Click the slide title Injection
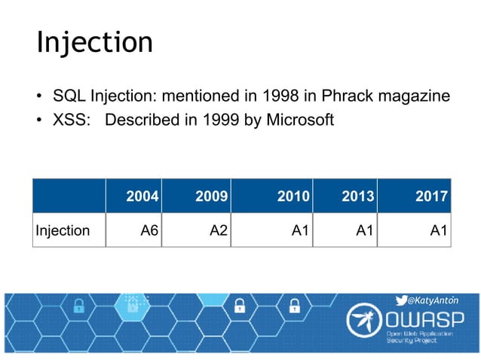click(x=94, y=42)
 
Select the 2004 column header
click(x=141, y=197)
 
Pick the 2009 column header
click(x=211, y=197)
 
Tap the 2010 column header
click(x=293, y=197)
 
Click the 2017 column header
click(x=431, y=197)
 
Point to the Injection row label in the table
click(x=63, y=230)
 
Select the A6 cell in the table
click(x=149, y=230)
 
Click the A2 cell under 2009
click(x=218, y=230)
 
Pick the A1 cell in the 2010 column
click(x=301, y=230)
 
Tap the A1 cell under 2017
click(x=439, y=230)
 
